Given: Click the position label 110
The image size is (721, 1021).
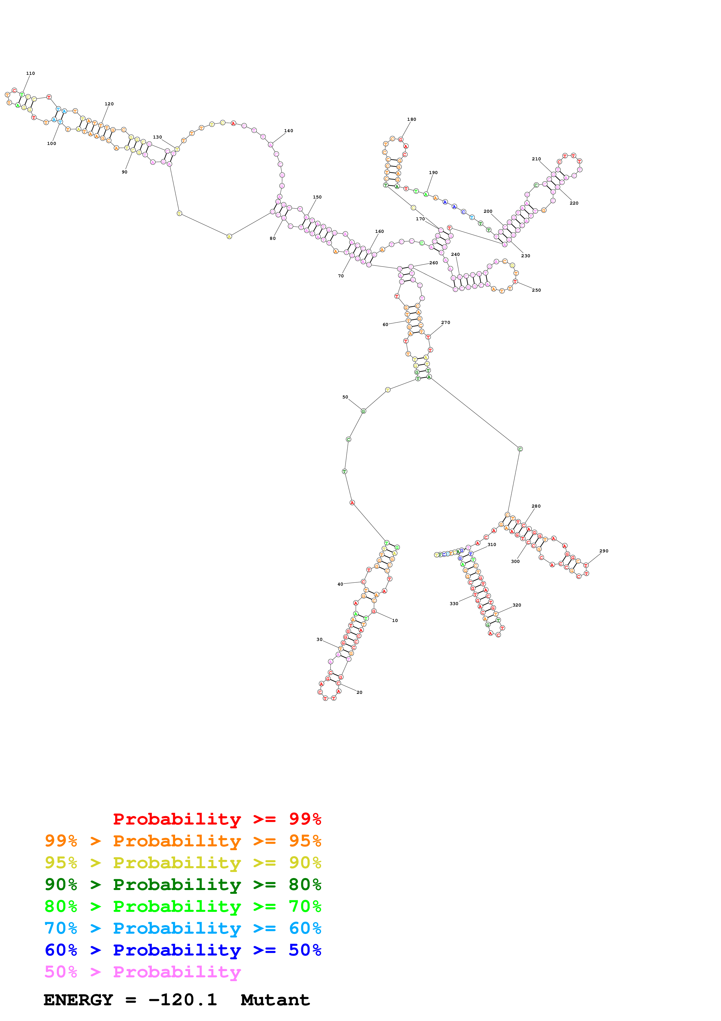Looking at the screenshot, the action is click(30, 73).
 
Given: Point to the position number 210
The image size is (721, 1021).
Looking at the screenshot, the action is click(536, 159).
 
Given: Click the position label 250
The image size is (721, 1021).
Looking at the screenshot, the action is click(536, 290).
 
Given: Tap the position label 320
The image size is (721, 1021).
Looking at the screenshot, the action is click(516, 605).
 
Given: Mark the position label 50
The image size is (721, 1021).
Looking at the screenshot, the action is click(345, 397).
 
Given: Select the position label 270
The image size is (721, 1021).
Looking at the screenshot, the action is click(446, 322).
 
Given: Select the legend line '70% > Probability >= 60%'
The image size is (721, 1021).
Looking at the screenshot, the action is click(183, 928).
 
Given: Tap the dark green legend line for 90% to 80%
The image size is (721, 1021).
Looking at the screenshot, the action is click(183, 884).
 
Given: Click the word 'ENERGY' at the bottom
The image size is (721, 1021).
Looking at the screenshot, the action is click(78, 1000).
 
